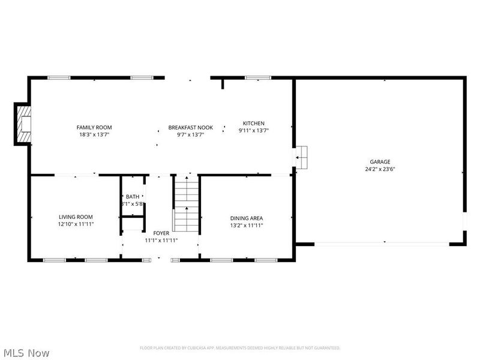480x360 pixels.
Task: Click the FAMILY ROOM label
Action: click(94, 127)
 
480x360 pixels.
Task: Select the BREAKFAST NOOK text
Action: click(190, 127)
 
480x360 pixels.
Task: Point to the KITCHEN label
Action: click(253, 123)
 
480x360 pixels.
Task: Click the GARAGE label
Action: click(380, 161)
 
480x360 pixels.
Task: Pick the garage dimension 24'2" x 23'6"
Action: click(380, 169)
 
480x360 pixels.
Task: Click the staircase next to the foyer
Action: click(186, 204)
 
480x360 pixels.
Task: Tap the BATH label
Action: click(132, 197)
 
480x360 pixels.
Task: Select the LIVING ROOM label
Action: click(76, 217)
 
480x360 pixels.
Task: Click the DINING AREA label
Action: click(247, 218)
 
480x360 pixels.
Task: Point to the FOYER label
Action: click(161, 233)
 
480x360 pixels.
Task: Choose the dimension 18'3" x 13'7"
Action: click(94, 135)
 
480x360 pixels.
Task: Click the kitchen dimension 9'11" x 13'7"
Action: click(253, 131)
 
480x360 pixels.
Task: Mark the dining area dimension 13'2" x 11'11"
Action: click(247, 226)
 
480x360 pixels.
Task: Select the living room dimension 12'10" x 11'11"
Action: click(76, 224)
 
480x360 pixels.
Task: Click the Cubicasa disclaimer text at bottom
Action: click(240, 348)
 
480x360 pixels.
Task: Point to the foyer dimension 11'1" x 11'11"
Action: click(161, 240)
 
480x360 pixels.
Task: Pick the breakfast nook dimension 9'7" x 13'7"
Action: click(190, 135)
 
